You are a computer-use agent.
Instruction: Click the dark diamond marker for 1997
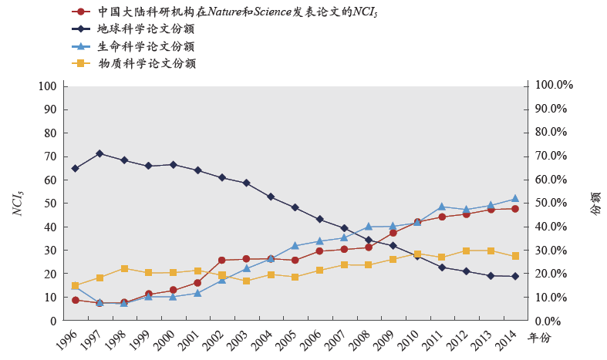(x=99, y=153)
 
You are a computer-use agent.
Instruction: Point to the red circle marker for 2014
(x=515, y=208)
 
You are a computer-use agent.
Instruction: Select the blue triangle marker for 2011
(x=442, y=207)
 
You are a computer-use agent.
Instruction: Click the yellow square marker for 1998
(x=124, y=268)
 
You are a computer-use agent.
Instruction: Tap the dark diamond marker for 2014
(x=515, y=276)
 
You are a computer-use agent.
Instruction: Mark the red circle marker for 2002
(x=222, y=260)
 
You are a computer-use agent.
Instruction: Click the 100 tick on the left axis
(x=49, y=86)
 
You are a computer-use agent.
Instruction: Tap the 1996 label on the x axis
(x=68, y=338)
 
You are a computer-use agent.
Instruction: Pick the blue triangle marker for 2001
(x=197, y=293)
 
